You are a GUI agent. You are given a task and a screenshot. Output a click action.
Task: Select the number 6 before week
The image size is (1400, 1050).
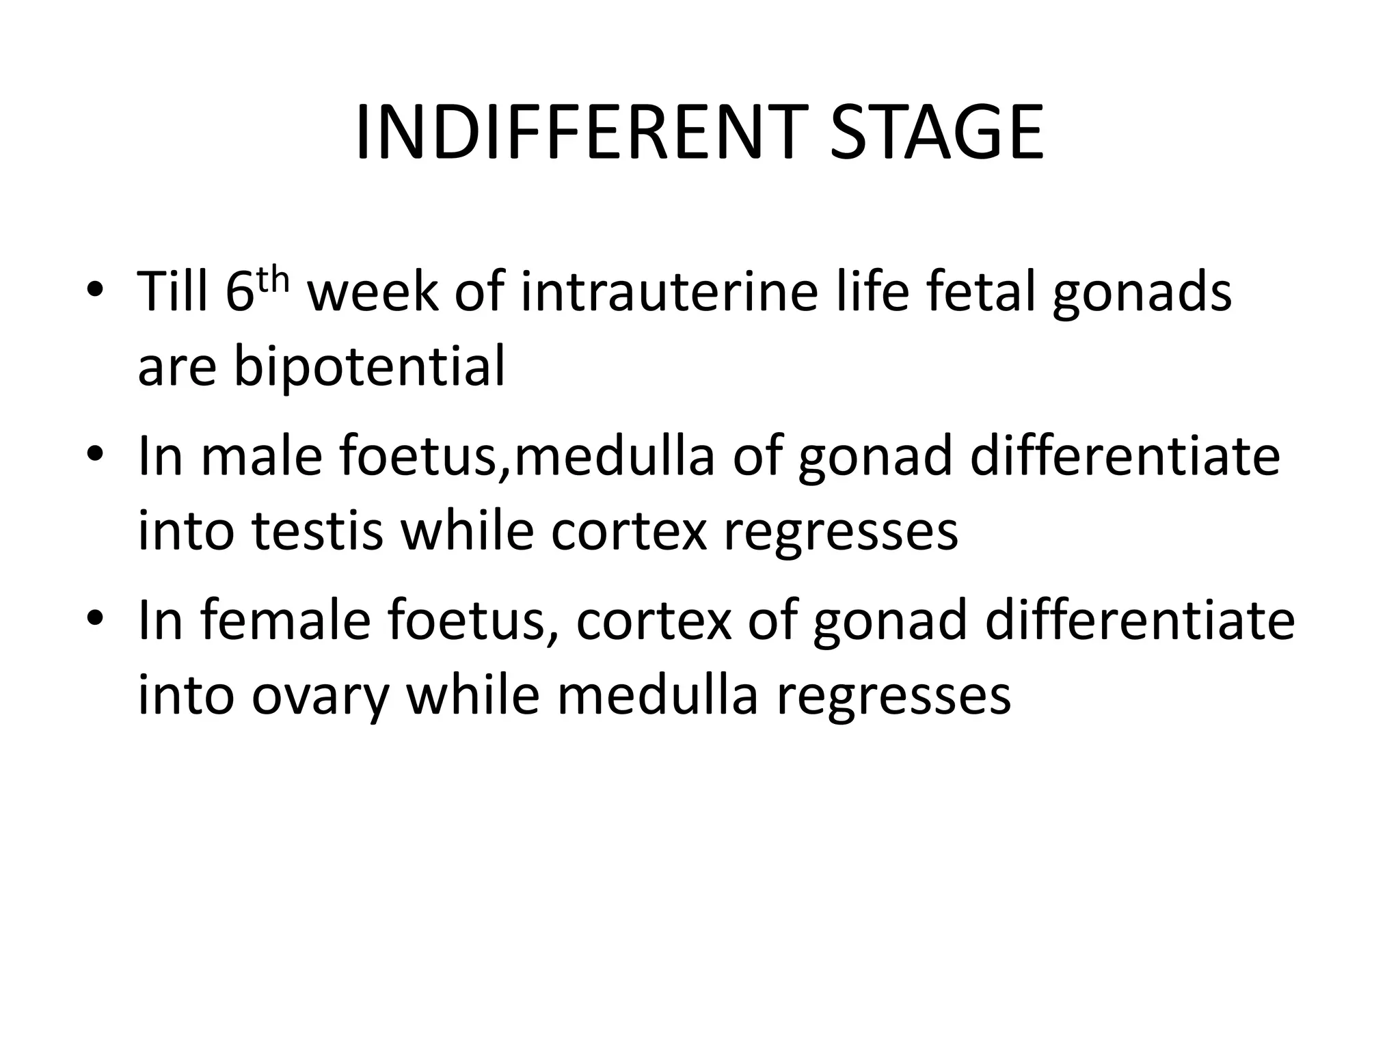tap(239, 292)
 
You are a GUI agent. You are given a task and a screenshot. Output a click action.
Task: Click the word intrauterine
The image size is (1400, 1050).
tap(669, 292)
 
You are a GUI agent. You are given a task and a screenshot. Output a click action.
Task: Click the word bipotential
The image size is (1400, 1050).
tap(369, 366)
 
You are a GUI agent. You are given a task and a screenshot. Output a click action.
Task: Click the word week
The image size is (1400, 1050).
tap(373, 292)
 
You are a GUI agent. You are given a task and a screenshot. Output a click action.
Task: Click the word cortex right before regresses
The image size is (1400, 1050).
tap(628, 531)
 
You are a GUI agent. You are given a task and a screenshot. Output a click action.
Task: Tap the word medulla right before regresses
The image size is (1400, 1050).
tap(658, 695)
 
